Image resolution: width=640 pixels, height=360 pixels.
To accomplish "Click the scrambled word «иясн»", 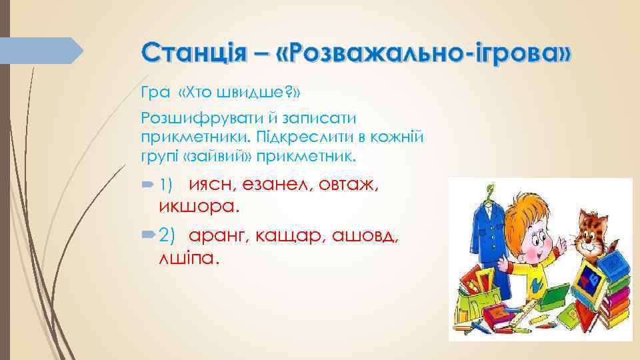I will coord(211,185).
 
